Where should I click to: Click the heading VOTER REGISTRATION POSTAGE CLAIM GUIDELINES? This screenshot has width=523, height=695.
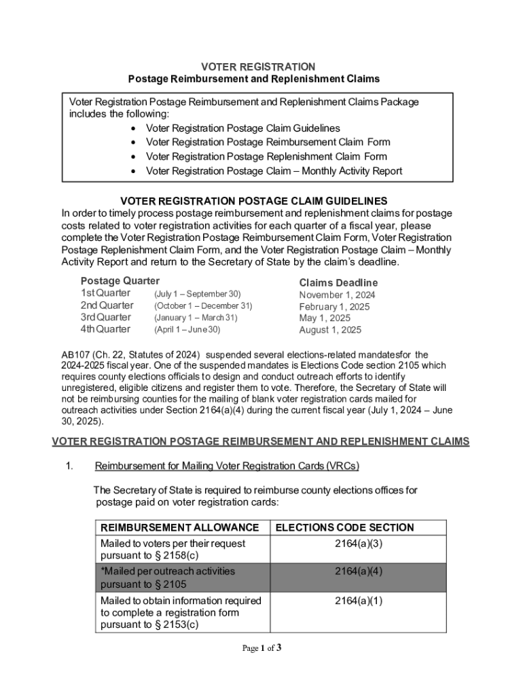click(x=253, y=201)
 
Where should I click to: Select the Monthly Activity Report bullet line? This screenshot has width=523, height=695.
click(x=274, y=171)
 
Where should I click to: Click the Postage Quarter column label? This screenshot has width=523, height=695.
click(x=120, y=281)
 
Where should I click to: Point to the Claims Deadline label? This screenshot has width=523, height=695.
click(x=338, y=282)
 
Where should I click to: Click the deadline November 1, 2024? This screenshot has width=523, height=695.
click(x=337, y=295)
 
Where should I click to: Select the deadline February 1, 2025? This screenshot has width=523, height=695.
click(x=334, y=307)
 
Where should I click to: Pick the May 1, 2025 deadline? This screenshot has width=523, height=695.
click(x=325, y=318)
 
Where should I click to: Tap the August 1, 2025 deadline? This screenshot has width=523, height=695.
click(x=330, y=331)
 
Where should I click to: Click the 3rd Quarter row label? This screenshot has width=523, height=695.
click(x=106, y=318)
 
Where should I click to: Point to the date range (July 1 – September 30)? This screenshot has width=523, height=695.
click(x=197, y=294)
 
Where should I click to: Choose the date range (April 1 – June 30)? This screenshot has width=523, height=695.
click(x=187, y=330)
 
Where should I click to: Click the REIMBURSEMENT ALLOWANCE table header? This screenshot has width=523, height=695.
click(x=179, y=527)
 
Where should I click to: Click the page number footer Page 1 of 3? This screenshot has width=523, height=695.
click(x=261, y=648)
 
